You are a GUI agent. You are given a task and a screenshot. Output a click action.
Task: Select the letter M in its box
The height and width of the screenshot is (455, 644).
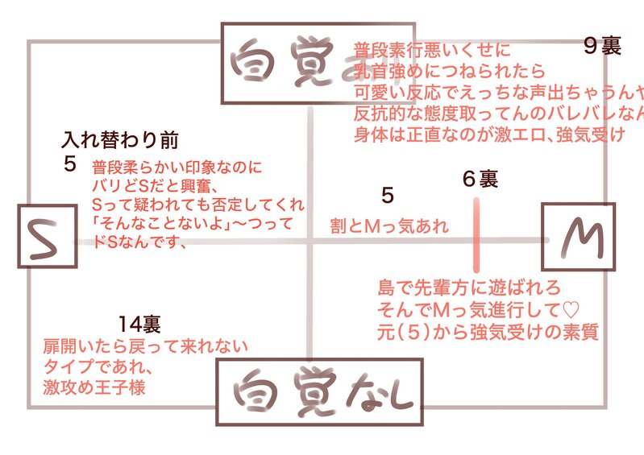click(x=577, y=236)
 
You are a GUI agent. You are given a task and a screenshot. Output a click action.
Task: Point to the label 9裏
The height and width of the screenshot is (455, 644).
click(x=602, y=47)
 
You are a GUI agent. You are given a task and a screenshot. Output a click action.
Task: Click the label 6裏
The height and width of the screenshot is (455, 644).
click(x=480, y=179)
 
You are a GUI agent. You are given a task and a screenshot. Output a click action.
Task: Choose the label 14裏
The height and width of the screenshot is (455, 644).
click(x=139, y=325)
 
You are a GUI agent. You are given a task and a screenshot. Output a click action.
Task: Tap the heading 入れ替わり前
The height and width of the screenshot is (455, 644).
click(x=120, y=141)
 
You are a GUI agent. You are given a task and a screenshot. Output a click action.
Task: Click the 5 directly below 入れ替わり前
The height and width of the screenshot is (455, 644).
click(x=69, y=165)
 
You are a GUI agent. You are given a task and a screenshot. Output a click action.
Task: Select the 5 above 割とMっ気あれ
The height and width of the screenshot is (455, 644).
click(x=388, y=196)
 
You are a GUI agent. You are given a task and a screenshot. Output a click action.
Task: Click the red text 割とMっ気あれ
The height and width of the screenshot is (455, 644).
click(x=389, y=226)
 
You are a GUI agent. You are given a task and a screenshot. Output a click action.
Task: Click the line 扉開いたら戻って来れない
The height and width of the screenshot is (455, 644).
click(x=145, y=346)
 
